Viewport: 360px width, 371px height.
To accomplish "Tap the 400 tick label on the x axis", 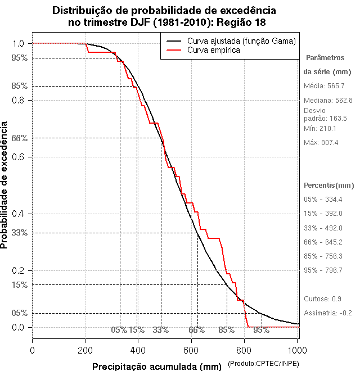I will [x=138, y=350].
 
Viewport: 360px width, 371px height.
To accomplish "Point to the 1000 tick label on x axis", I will [x=298, y=350].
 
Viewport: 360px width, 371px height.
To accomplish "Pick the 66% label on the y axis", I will [x=19, y=138].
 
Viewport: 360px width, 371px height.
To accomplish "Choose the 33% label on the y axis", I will [x=19, y=233].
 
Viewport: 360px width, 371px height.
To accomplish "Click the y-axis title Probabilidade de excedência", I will [x=5, y=185].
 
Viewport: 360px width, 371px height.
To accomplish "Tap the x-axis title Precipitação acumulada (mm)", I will [x=157, y=367].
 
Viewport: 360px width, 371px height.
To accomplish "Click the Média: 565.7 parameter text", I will [x=324, y=86].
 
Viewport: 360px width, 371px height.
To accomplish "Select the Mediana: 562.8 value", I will [x=328, y=100].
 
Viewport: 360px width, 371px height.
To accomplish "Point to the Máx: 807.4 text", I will [x=321, y=143].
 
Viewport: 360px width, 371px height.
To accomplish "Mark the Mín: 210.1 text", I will [x=320, y=129].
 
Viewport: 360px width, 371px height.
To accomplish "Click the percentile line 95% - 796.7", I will [x=323, y=270].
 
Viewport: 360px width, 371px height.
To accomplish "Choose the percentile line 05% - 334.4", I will [x=323, y=200].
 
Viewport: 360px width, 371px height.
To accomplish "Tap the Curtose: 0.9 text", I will [x=323, y=298].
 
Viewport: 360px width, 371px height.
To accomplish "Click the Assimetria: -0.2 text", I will [x=328, y=313].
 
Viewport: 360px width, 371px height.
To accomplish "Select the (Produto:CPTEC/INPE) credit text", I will [x=263, y=365].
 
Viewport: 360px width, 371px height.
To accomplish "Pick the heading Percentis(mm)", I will [x=329, y=185].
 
